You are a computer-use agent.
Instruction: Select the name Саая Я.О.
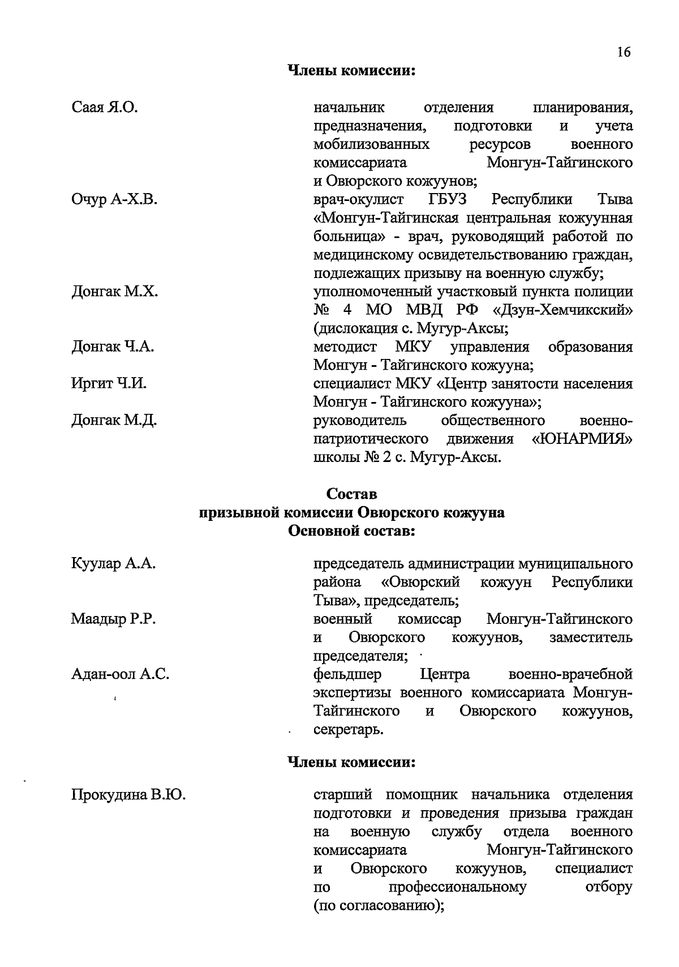pyautogui.click(x=105, y=108)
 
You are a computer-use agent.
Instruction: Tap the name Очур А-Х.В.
pyautogui.click(x=114, y=199)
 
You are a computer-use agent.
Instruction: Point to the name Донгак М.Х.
pyautogui.click(x=114, y=292)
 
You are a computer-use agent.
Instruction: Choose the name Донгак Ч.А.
pyautogui.click(x=113, y=347)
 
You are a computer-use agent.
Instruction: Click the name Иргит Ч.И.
pyautogui.click(x=109, y=384)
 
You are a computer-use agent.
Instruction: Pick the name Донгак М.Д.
pyautogui.click(x=114, y=421)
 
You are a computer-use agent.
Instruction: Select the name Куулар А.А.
pyautogui.click(x=113, y=564)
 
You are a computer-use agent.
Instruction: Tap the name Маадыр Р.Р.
pyautogui.click(x=113, y=619)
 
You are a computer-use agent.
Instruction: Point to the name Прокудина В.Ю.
pyautogui.click(x=128, y=795)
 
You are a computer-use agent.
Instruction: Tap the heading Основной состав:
pyautogui.click(x=352, y=532)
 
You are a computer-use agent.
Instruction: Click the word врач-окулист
pyautogui.click(x=359, y=200)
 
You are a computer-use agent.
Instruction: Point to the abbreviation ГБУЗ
pyautogui.click(x=447, y=200)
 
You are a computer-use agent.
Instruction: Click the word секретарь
pyautogui.click(x=349, y=730)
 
